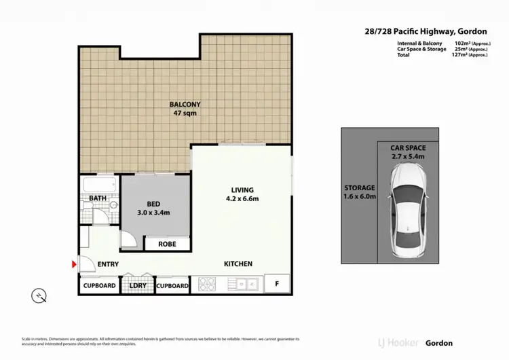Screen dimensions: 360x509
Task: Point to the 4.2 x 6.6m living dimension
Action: tap(242, 199)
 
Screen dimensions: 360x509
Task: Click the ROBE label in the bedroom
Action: tap(167, 243)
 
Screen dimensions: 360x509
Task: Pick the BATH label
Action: tap(98, 199)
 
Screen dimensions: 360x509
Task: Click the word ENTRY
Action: tap(108, 264)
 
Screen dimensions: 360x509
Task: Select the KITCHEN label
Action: tap(238, 264)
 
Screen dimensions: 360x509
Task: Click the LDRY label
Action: tap(138, 286)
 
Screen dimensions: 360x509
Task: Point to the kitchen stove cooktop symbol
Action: tap(208, 285)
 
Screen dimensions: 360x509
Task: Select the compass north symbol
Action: tap(40, 295)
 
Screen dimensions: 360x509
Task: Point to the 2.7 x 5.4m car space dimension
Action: tap(407, 157)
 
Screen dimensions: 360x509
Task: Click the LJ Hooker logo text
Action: tap(399, 343)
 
